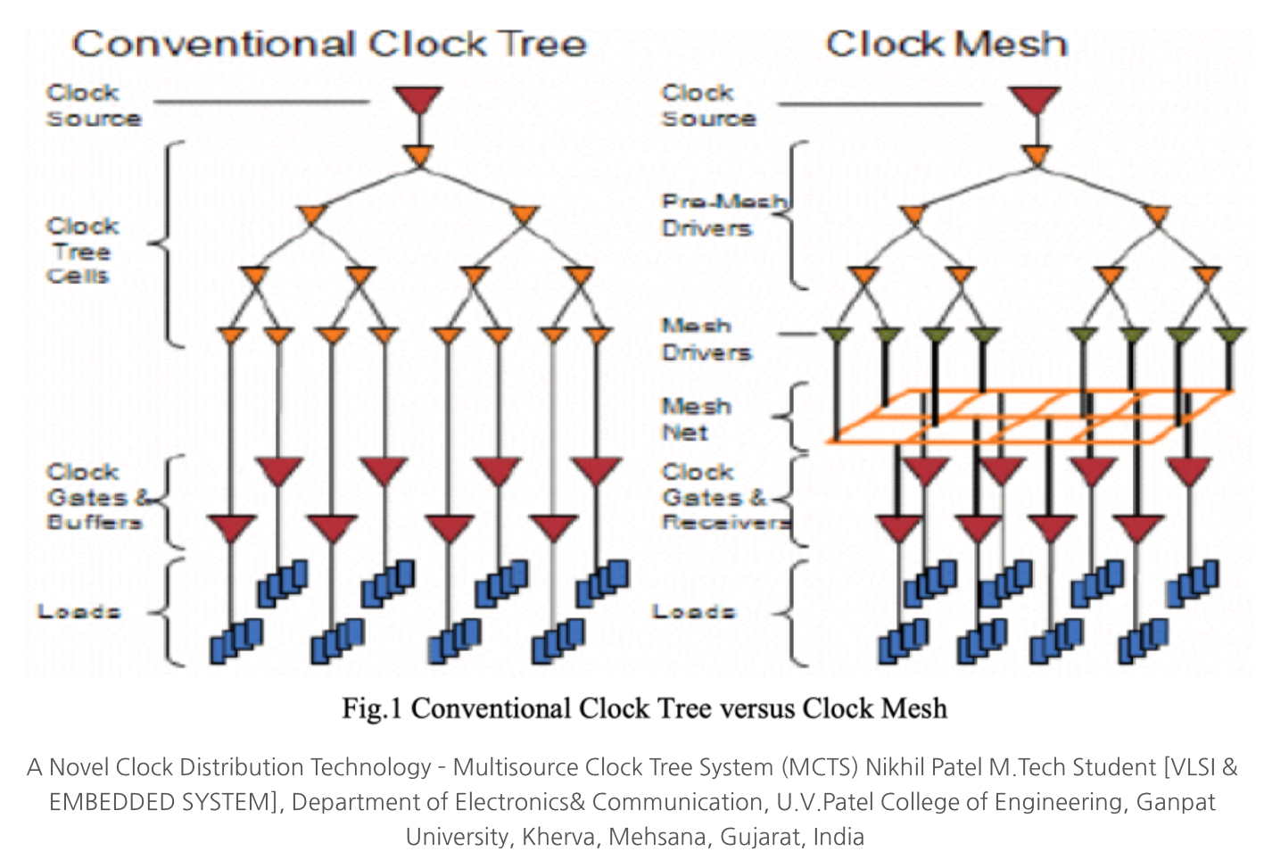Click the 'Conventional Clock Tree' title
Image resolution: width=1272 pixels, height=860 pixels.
click(329, 44)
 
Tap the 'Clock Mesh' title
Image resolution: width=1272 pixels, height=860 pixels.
click(946, 44)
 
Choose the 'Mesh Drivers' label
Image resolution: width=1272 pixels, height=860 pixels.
click(706, 339)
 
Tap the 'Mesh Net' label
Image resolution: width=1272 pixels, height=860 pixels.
click(695, 419)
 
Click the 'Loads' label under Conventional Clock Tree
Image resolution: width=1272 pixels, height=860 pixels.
click(78, 612)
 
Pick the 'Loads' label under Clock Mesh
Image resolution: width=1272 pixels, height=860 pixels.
click(693, 612)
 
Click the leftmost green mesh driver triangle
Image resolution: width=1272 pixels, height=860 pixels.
click(838, 336)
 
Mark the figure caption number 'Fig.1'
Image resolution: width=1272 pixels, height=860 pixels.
click(371, 708)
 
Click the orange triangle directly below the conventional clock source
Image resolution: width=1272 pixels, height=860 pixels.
click(419, 156)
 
